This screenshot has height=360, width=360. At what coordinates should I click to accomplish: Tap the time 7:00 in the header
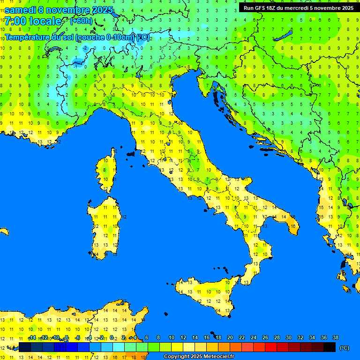pos(16,21)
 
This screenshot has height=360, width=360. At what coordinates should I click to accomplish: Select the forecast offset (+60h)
pos(81,21)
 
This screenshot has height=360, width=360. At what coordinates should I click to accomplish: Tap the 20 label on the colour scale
pos(230,337)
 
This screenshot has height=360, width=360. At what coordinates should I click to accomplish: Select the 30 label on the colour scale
pos(289,337)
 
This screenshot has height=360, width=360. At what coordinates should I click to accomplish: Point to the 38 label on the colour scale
pos(336,337)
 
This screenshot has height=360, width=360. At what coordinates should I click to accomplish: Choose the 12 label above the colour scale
pos(183,337)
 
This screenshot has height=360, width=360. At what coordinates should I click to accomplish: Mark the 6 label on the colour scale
pos(147,337)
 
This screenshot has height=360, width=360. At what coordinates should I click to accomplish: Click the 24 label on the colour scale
pos(254,337)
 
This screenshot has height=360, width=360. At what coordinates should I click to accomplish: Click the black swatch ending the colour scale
pos(330,347)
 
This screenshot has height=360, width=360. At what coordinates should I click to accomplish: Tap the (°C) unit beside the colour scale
pos(344,348)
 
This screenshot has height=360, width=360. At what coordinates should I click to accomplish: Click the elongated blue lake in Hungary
pos(284,37)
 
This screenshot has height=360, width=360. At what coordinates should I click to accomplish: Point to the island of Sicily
pos(206,295)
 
